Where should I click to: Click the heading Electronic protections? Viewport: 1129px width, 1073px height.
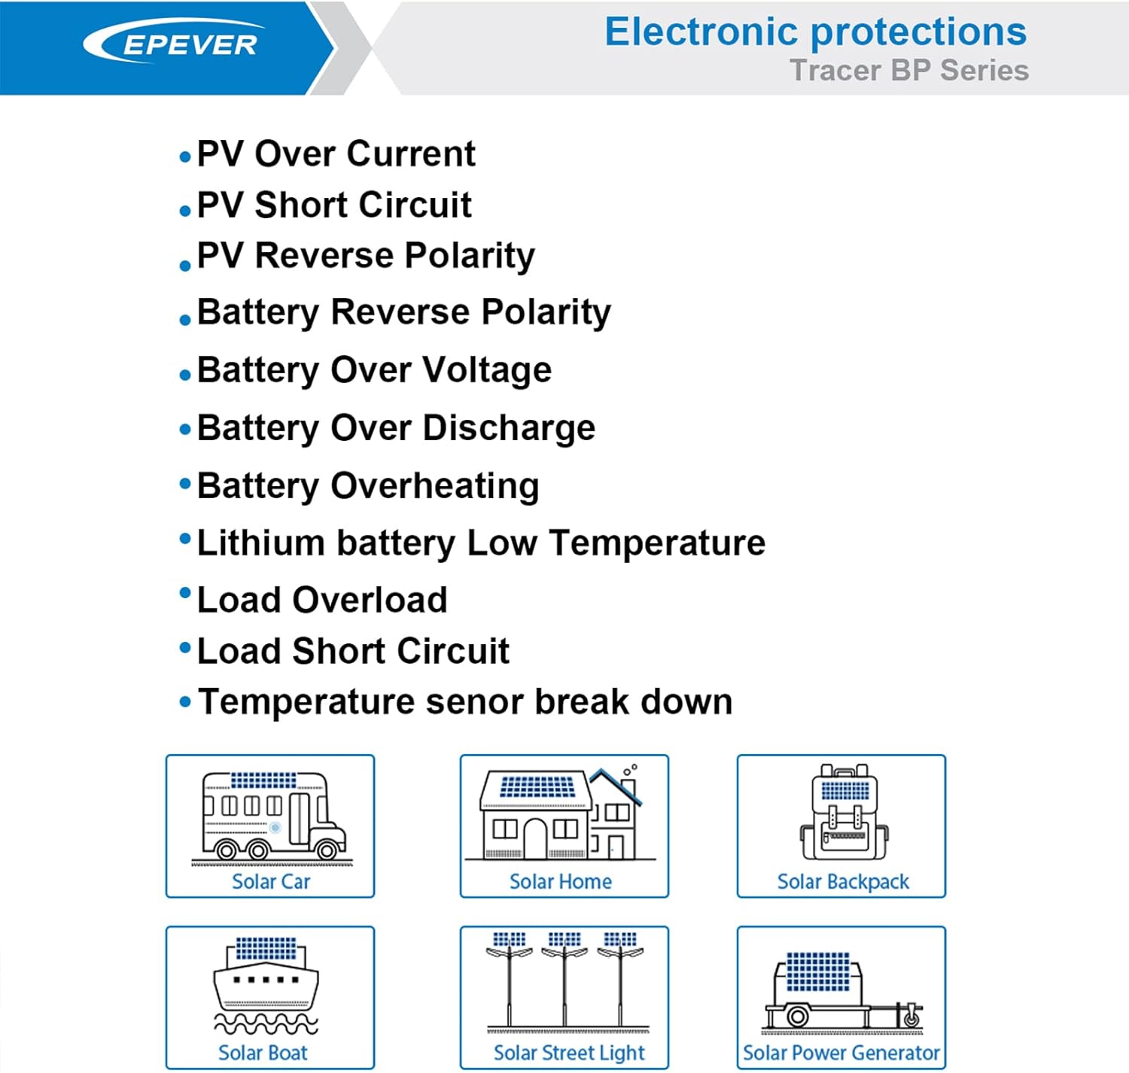coord(815,32)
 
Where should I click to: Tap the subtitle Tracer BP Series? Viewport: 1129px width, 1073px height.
coord(908,71)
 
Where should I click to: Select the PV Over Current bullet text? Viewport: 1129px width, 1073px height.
coord(336,154)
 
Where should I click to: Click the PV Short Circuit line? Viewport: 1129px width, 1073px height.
coord(334,205)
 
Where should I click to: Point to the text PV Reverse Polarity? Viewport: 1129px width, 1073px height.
coord(366,256)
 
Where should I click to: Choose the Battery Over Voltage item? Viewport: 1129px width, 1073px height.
coord(374,370)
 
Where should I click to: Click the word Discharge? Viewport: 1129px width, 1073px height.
coord(509,428)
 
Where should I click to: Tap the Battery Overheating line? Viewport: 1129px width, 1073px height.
coord(368,486)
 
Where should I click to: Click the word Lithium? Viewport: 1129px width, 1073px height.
coord(260,543)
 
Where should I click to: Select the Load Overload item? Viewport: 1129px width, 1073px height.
coord(322,600)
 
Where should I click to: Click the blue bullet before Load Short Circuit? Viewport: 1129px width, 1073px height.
coord(185,647)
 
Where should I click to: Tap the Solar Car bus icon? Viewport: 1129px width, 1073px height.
coord(271,816)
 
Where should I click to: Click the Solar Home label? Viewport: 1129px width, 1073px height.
coord(561,881)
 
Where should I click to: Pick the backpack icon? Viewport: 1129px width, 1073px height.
coord(844,814)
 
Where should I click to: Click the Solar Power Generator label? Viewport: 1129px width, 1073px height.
coord(841,1053)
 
